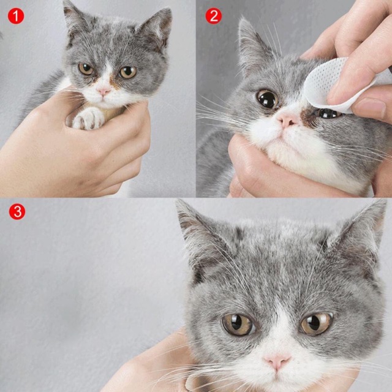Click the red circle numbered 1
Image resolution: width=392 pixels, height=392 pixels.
pyautogui.click(x=16, y=16)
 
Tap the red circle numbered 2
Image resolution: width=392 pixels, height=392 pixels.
pyautogui.click(x=213, y=16)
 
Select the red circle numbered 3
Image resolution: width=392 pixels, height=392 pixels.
pyautogui.click(x=17, y=212)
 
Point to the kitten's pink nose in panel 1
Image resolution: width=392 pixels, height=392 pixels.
pyautogui.click(x=104, y=91)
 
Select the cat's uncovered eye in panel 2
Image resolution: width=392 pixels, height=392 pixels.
pyautogui.click(x=267, y=99)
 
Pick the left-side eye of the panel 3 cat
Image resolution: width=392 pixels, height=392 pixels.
pyautogui.click(x=238, y=324)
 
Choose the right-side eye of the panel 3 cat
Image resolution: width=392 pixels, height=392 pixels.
pyautogui.click(x=316, y=323)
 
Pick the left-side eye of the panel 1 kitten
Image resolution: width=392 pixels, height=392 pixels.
pyautogui.click(x=86, y=69)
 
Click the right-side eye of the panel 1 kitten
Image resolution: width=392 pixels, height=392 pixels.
pyautogui.click(x=127, y=72)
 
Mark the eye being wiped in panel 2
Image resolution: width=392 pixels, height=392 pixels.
pyautogui.click(x=328, y=113)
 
